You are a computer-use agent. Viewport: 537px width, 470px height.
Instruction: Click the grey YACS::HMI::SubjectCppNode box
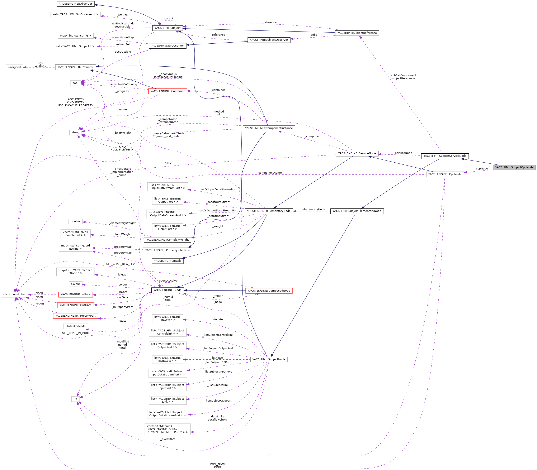point(514,167)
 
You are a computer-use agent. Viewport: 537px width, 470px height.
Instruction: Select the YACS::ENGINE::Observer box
point(75,4)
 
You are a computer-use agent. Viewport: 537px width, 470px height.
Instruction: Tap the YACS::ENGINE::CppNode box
point(445,174)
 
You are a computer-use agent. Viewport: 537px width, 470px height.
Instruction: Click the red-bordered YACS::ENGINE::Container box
point(168,91)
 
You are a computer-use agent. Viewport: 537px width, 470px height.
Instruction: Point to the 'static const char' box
point(14,294)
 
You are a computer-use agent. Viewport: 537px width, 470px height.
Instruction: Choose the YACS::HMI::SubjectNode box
point(269,359)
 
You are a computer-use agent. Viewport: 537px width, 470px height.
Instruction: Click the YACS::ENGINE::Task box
point(168,261)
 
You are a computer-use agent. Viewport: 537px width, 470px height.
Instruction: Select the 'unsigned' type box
point(14,67)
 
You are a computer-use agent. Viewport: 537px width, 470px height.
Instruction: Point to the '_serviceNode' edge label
point(403,153)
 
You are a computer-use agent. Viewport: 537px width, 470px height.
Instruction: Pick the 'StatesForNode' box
point(75,326)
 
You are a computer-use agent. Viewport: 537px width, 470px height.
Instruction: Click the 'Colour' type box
point(75,284)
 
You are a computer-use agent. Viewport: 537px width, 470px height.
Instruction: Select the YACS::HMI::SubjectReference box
point(357,33)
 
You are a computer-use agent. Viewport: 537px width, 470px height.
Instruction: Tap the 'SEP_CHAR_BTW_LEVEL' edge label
point(122,264)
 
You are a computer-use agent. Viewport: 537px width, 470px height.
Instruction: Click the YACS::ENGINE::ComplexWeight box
point(168,240)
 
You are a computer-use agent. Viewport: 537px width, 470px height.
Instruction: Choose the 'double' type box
point(75,221)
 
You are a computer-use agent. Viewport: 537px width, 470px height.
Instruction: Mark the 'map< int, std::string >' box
point(75,36)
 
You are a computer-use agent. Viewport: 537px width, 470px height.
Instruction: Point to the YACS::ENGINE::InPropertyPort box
point(75,316)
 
